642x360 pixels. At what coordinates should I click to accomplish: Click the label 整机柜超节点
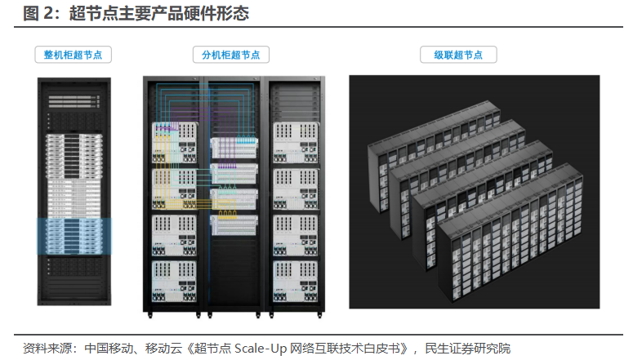coord(73,55)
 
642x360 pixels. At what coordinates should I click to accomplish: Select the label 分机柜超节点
coord(231,55)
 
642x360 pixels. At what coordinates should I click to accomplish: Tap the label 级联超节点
coord(458,55)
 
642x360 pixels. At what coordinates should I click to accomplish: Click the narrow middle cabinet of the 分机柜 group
coord(234,196)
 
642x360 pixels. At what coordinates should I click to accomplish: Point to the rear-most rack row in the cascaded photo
coord(433,147)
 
